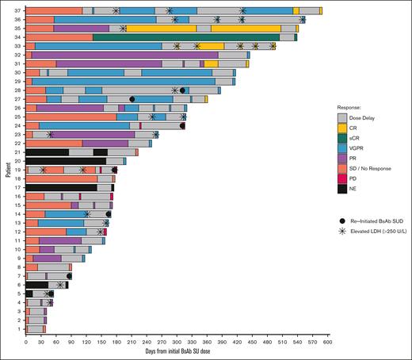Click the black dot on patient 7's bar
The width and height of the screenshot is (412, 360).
(x=70, y=276)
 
